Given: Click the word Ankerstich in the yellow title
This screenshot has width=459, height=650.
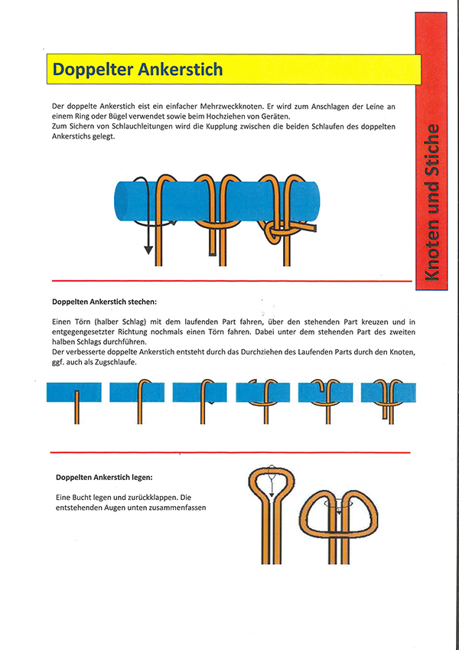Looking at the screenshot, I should (x=181, y=70).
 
